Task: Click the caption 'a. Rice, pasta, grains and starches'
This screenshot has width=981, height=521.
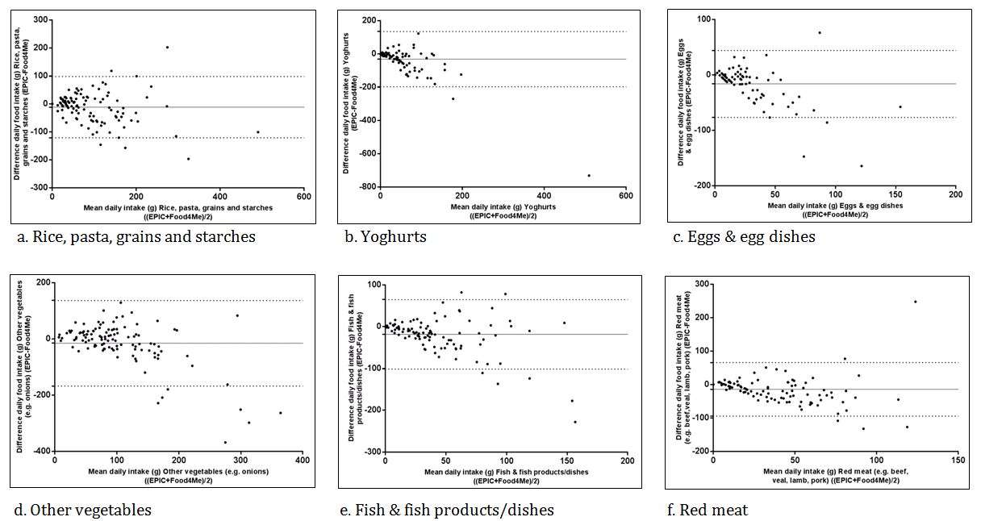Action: coord(136,237)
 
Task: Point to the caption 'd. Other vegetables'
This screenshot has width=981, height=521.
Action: coord(83,510)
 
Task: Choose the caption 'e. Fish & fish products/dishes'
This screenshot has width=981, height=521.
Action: coord(449,510)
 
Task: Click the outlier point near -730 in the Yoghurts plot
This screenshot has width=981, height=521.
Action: coord(589,175)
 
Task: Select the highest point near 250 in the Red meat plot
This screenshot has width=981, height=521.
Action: coord(915,302)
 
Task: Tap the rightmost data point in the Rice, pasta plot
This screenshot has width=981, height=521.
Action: coord(258,132)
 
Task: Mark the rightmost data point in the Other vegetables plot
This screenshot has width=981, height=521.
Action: coord(281,413)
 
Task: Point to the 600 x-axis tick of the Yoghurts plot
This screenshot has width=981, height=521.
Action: coord(625,194)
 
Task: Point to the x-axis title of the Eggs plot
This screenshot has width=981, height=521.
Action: coord(835,210)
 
